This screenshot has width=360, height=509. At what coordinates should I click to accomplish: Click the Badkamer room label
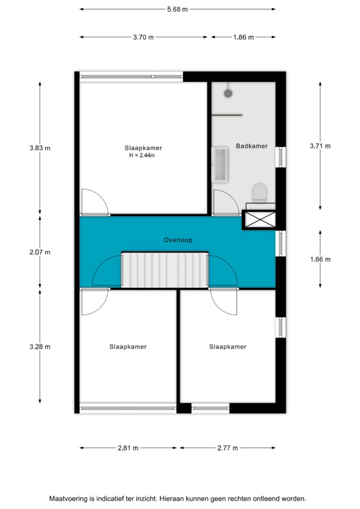point(252,146)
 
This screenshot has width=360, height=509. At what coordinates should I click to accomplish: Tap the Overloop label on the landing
point(178,240)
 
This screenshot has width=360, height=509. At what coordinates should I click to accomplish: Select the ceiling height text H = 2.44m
point(142,156)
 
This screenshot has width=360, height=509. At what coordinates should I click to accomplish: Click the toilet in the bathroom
point(260,192)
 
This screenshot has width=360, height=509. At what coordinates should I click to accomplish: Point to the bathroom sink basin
point(220,164)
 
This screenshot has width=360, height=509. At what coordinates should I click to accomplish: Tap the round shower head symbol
point(228,93)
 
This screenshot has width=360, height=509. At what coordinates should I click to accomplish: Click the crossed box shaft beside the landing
point(260,220)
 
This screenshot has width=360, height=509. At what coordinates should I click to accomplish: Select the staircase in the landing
point(165,270)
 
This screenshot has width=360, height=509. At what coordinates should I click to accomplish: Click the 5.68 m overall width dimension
point(177,9)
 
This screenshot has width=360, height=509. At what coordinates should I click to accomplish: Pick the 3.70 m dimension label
point(143,37)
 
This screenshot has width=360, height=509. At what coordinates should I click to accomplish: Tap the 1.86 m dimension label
point(244,37)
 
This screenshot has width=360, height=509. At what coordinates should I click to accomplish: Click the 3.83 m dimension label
point(40,148)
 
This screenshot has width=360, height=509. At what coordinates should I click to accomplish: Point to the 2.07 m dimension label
point(40,252)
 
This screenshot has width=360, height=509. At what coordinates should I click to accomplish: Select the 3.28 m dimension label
point(40,346)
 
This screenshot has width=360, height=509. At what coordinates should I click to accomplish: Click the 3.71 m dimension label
point(320,146)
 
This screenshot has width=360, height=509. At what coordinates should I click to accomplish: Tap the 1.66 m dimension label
point(320,259)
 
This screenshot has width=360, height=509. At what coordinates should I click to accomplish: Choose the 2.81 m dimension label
point(128,448)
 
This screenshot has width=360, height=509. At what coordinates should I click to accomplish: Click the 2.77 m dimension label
point(228,448)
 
